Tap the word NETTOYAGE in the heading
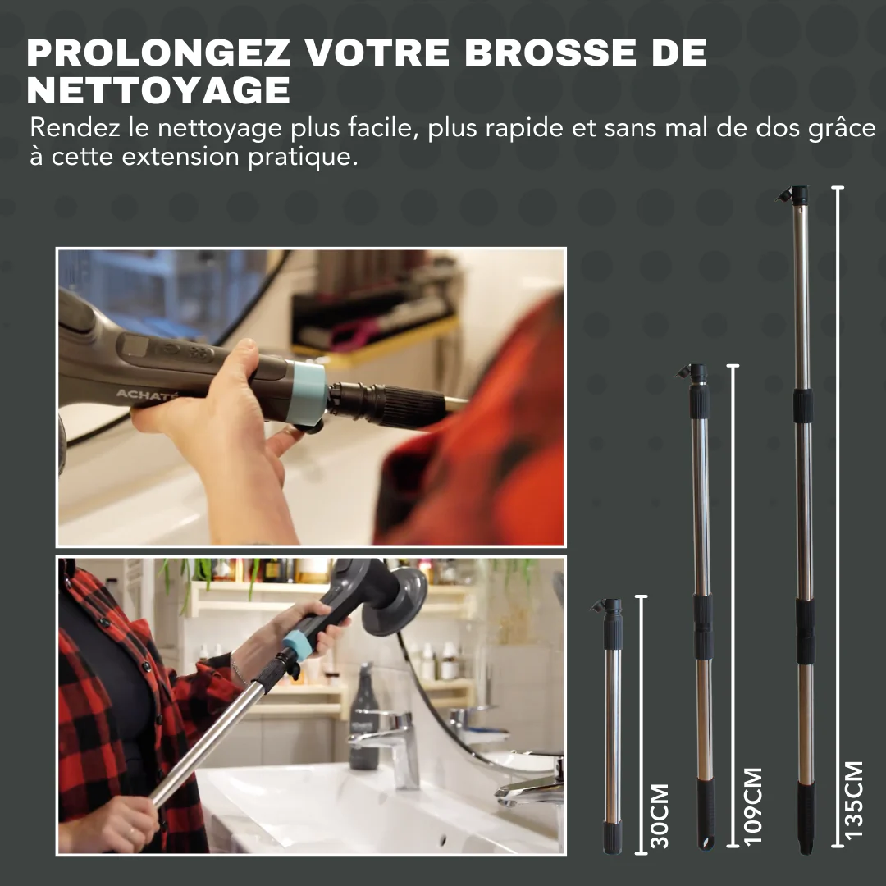(x=158, y=90)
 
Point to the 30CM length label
(x=659, y=815)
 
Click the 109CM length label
(x=751, y=806)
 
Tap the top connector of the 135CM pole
(x=795, y=195)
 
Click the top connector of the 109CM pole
(x=696, y=373)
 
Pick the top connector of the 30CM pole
(x=611, y=608)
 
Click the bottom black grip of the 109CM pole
(x=705, y=812)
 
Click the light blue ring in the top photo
(x=308, y=392)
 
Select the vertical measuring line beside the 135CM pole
(x=837, y=517)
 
